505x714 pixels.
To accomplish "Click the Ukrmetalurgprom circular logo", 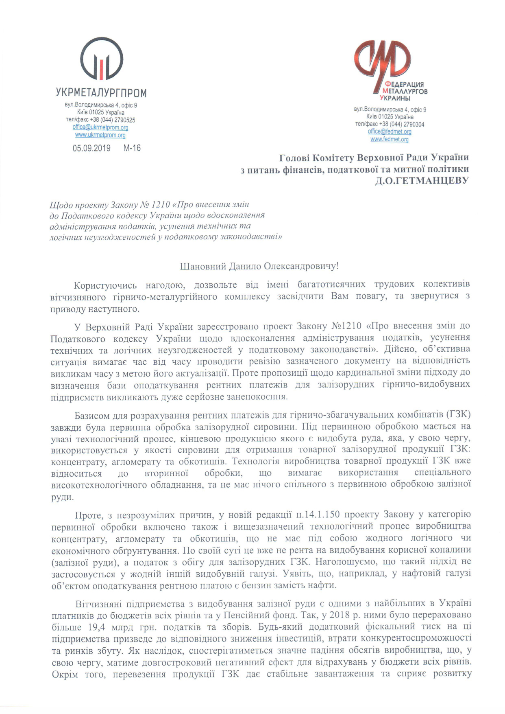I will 101,59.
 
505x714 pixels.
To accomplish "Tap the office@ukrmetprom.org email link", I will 100,127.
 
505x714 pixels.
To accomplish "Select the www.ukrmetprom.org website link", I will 100,135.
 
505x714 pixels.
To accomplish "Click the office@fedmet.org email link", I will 390,131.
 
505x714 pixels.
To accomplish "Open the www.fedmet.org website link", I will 389,139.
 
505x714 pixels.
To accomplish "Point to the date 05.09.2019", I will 91,148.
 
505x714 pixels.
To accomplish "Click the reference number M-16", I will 132,148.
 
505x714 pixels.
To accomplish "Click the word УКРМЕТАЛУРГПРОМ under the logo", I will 101,93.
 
